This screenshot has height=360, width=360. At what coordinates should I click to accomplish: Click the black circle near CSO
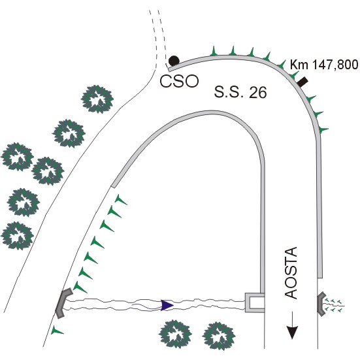click(174, 61)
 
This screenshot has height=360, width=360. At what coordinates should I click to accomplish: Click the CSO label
click(179, 81)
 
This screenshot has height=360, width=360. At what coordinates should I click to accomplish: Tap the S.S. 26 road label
click(240, 92)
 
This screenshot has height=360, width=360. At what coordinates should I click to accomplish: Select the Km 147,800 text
click(324, 65)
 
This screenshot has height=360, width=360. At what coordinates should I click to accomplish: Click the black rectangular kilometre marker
click(303, 82)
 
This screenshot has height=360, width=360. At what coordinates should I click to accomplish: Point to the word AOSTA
click(291, 272)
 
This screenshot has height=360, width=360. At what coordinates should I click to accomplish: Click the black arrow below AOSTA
click(292, 325)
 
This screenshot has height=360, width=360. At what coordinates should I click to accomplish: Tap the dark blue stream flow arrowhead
click(167, 305)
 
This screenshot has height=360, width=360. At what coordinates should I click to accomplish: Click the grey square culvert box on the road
click(255, 303)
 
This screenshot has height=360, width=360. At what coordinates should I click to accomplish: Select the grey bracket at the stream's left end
click(63, 303)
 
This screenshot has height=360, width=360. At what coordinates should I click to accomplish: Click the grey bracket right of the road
click(321, 303)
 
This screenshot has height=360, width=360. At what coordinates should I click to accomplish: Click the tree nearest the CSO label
click(97, 99)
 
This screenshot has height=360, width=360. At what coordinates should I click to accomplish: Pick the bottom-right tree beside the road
click(219, 336)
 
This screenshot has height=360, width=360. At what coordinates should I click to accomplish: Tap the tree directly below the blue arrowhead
click(175, 335)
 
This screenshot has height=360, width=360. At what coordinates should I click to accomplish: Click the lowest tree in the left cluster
click(18, 236)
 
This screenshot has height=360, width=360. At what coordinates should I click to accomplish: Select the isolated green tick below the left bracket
click(56, 331)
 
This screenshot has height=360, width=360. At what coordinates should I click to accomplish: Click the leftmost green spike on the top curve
click(214, 51)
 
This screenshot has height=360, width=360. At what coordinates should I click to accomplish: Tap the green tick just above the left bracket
click(80, 287)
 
